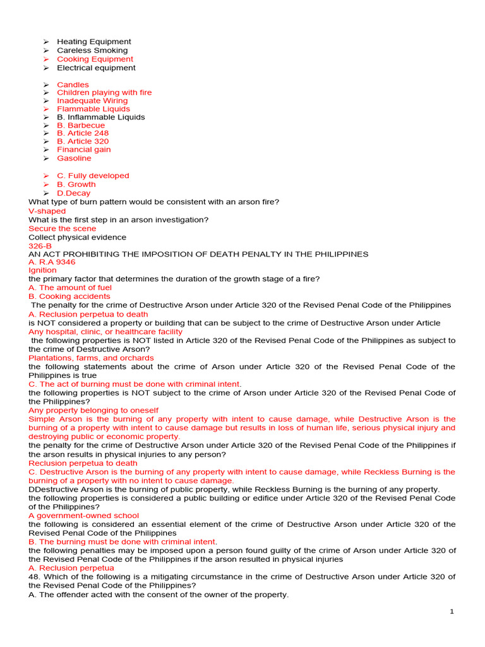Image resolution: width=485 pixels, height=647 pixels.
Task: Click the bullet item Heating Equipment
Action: (93, 42)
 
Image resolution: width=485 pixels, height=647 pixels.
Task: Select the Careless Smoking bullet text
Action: (92, 51)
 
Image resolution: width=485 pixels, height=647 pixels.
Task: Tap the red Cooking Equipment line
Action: (95, 59)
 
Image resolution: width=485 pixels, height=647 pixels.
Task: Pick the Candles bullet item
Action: (73, 85)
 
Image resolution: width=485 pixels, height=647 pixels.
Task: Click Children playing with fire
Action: (104, 93)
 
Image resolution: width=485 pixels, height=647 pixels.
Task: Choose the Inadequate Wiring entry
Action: (92, 101)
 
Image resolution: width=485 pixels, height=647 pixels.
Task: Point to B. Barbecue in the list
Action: (81, 126)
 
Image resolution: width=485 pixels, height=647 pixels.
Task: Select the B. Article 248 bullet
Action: (83, 134)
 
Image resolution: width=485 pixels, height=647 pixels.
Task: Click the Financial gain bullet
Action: (83, 150)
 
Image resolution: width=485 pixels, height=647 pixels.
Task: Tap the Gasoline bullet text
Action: (74, 159)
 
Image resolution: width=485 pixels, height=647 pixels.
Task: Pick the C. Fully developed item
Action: (93, 176)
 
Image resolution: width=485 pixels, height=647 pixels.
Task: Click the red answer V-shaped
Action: (47, 211)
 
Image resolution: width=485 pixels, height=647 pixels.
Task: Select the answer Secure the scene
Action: (63, 229)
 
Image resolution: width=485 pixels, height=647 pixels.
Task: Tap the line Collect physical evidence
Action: (77, 238)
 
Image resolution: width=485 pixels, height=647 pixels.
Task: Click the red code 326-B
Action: (40, 246)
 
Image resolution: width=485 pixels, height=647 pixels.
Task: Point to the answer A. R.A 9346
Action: (52, 262)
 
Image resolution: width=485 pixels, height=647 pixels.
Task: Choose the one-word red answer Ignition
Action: (42, 270)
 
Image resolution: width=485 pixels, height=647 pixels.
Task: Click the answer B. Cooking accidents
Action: (69, 296)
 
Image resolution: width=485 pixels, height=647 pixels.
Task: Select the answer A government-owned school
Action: (83, 516)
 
